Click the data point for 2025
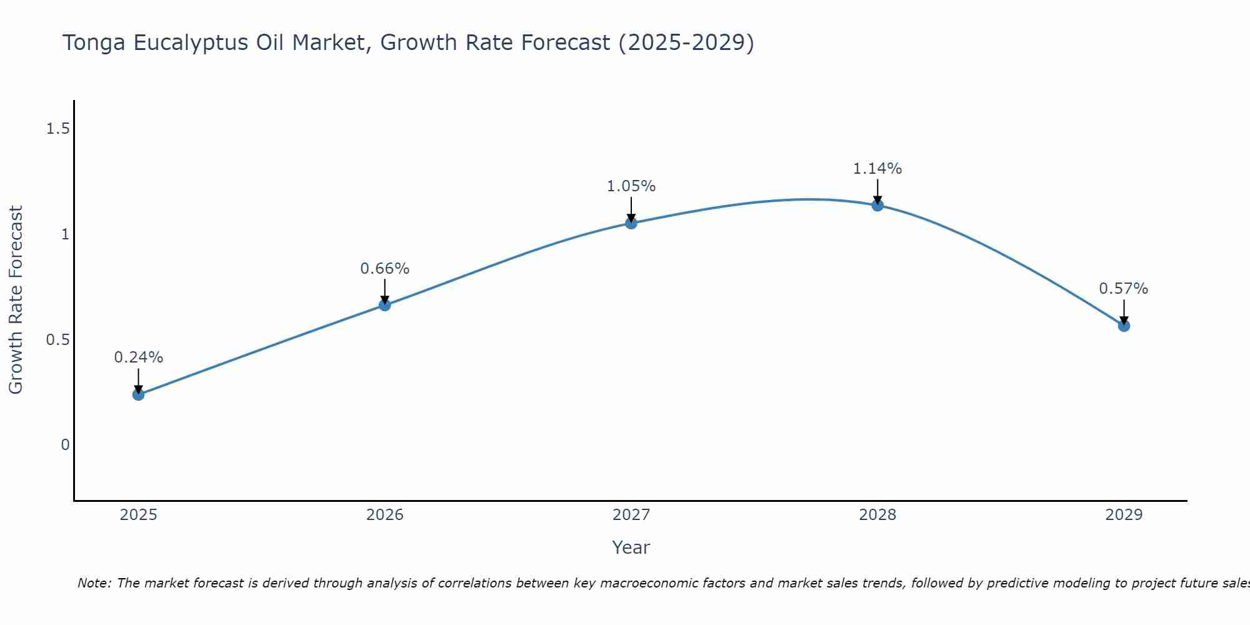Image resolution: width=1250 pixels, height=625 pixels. pos(138,394)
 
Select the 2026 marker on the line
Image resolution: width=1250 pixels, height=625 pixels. pos(385,305)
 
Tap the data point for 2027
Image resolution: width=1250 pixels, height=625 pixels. pos(631,223)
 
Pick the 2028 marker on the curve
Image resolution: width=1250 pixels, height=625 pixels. pos(877,205)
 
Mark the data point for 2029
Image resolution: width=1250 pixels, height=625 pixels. pos(1124,326)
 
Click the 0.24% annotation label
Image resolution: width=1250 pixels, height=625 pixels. pos(138,357)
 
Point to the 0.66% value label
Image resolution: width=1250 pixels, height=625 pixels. pos(385,269)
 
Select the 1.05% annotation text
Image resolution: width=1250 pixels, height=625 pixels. pos(631,186)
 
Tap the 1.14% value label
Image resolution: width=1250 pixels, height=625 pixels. pos(877,169)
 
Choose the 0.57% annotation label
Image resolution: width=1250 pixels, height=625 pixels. pos(1124,289)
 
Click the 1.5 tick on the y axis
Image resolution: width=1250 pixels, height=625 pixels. pos(57,129)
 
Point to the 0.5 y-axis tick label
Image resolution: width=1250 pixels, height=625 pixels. pos(57,340)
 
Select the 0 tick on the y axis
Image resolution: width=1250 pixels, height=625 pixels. pos(65,445)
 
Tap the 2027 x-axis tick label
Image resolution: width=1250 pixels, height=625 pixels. pos(631,515)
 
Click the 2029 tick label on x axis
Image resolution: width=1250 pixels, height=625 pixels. pos(1124,515)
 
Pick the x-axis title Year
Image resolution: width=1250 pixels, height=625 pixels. pos(631,547)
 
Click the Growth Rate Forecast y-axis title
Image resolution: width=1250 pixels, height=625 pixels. pos(16,300)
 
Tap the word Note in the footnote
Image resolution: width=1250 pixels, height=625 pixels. pos(93,583)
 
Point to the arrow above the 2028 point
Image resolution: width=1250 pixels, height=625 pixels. pos(877,191)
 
